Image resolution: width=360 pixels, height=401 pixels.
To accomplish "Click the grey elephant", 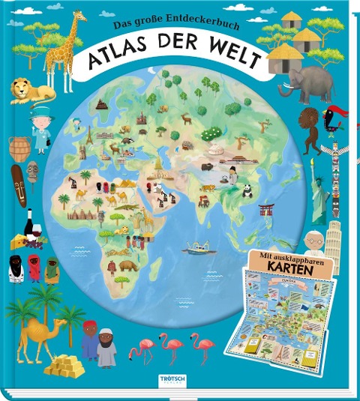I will pyautogui.click(x=307, y=84).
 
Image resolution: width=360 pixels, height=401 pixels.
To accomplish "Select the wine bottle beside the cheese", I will pyautogui.click(x=30, y=224).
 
